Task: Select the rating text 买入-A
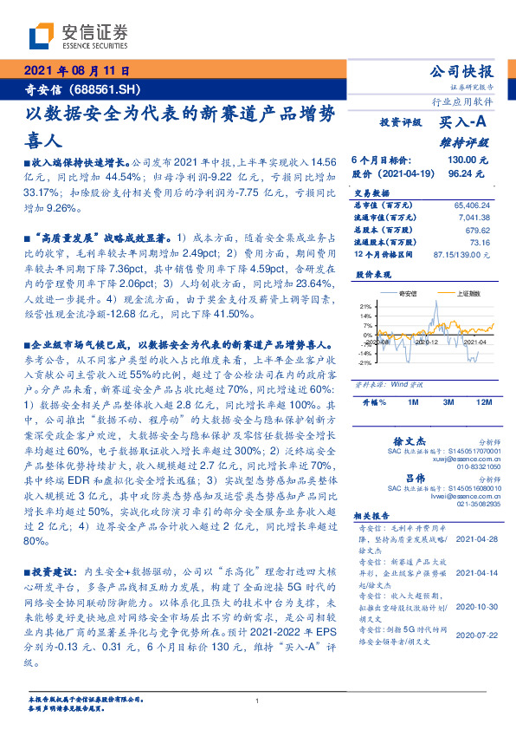click(461, 124)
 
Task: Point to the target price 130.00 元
click(467, 160)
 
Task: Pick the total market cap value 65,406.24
click(470, 205)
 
